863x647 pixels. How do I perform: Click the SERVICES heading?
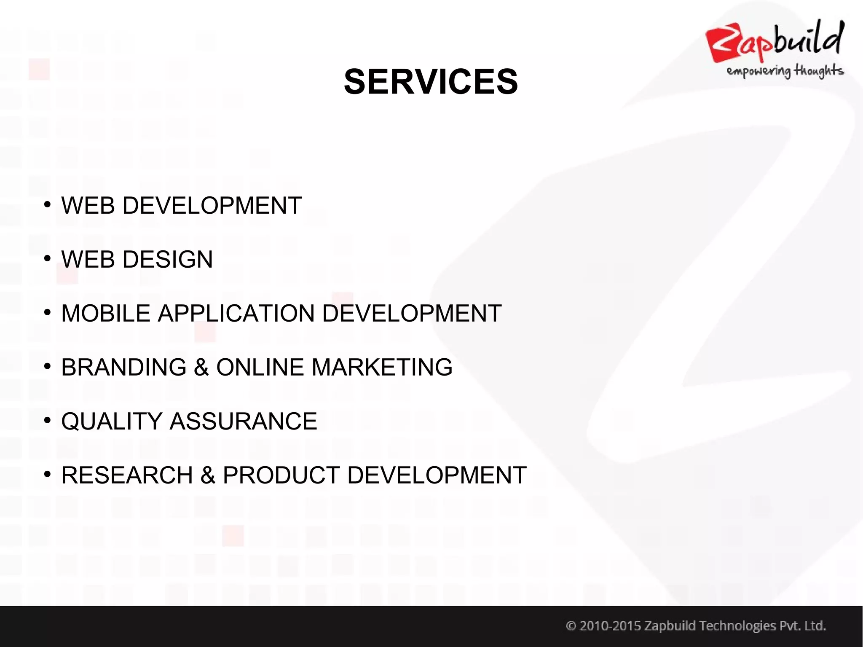pyautogui.click(x=431, y=82)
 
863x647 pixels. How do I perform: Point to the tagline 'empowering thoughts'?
pyautogui.click(x=785, y=71)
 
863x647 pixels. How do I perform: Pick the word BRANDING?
pyautogui.click(x=123, y=367)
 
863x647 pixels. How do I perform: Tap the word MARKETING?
pyautogui.click(x=382, y=367)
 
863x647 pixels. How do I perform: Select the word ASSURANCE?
pyautogui.click(x=243, y=421)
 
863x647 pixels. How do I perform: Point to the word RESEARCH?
pyautogui.click(x=127, y=475)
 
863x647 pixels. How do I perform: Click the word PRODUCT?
pyautogui.click(x=281, y=475)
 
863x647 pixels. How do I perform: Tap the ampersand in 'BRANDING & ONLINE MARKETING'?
pyautogui.click(x=201, y=367)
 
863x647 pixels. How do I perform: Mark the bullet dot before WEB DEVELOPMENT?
pyautogui.click(x=47, y=205)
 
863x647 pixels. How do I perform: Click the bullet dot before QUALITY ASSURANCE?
pyautogui.click(x=47, y=421)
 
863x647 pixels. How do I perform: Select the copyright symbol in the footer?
pyautogui.click(x=571, y=626)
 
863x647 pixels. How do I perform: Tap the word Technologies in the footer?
pyautogui.click(x=737, y=626)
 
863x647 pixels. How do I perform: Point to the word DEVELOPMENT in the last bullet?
pyautogui.click(x=437, y=475)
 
